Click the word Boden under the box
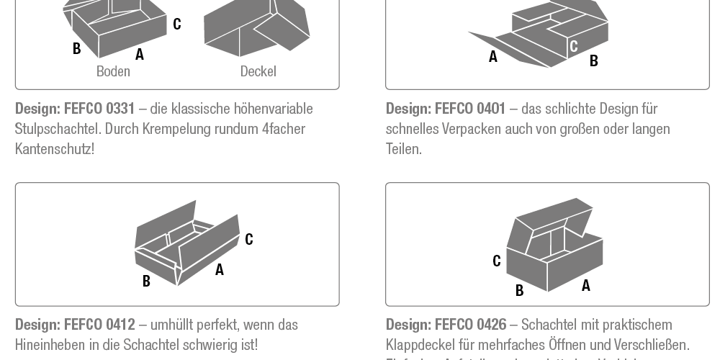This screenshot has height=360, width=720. tap(113, 71)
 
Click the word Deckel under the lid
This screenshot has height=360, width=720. tap(258, 71)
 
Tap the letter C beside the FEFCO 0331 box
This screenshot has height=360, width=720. tap(177, 24)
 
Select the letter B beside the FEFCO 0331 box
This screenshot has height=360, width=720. tap(76, 49)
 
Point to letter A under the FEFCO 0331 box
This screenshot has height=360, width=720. tap(140, 54)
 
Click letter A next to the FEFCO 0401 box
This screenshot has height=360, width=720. tap(493, 57)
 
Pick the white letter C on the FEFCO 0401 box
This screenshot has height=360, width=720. tap(574, 47)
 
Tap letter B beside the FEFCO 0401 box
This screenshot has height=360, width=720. tap(594, 61)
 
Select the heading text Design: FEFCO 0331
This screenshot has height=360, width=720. tap(75, 109)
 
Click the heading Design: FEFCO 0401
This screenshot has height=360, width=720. tap(446, 109)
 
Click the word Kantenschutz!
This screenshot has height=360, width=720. tap(55, 149)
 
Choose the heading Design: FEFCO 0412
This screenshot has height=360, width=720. tap(75, 325)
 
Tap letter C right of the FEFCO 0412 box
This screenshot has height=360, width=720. tap(249, 239)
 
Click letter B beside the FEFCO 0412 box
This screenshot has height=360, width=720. tap(146, 282)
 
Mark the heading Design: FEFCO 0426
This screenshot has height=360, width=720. tap(446, 325)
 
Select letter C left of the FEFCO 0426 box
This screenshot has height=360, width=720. tap(497, 261)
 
